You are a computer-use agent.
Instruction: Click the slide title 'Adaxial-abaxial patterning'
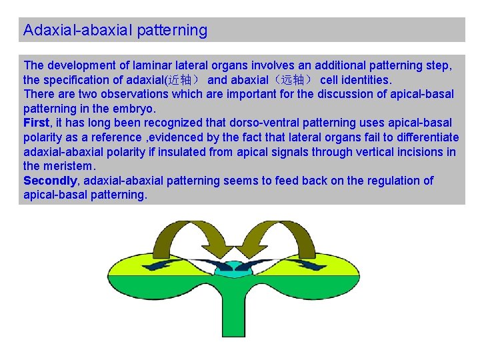[115, 31]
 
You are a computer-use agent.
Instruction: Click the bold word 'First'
[36, 123]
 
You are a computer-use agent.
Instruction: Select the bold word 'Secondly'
[51, 181]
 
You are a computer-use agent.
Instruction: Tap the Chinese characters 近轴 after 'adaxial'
[180, 80]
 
